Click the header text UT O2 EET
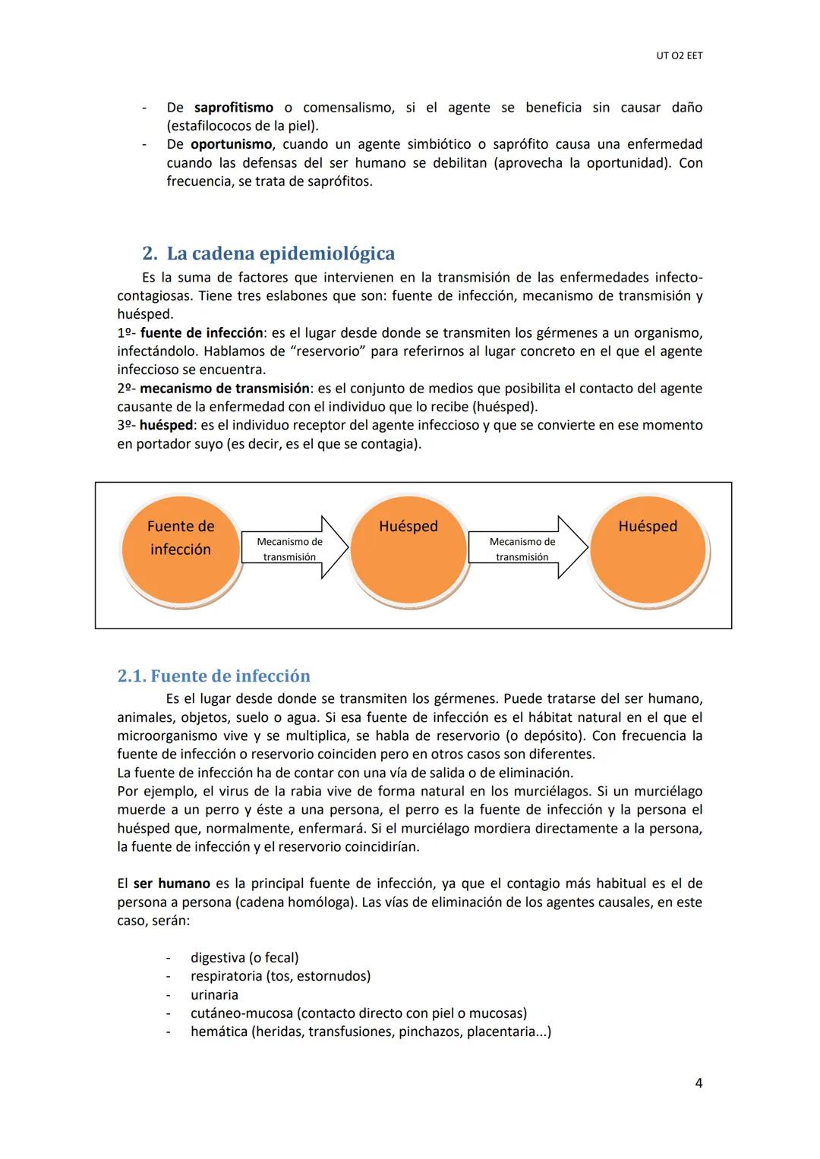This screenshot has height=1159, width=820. coord(679,56)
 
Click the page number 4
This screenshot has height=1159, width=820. coord(699,1083)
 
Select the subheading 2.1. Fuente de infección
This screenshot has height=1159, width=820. coord(213,676)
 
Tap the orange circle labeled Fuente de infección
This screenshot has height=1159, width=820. coord(181,551)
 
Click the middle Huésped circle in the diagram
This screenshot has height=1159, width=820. coord(408,551)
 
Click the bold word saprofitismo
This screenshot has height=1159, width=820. coord(234,108)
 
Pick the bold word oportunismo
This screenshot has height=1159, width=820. coord(231,144)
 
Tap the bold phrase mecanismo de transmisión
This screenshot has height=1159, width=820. coord(225,389)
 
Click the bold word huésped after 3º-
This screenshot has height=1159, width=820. coord(166,425)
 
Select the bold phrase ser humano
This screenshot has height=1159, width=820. coord(172,883)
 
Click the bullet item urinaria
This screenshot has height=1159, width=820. coord(214,995)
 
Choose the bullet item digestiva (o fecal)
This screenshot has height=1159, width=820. coord(244,958)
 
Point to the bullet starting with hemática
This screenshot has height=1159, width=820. coord(371,1031)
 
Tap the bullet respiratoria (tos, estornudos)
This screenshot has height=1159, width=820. coord(280,976)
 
